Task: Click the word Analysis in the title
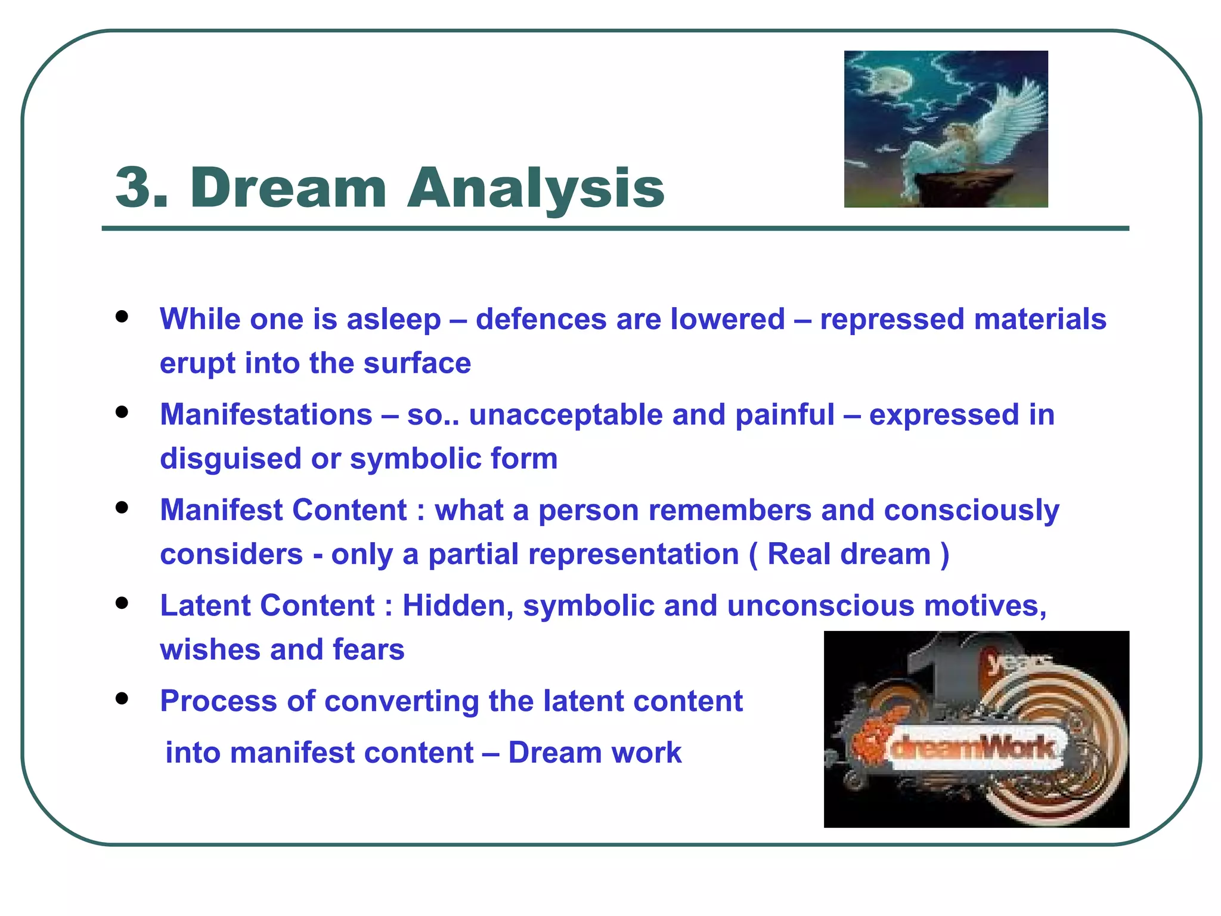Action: [535, 188]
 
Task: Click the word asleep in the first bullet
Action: [393, 319]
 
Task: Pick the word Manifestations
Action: [266, 414]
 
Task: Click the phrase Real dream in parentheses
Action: [849, 554]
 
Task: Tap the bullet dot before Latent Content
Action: [122, 603]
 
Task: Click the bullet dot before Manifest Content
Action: [122, 507]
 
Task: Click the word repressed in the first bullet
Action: [892, 319]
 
